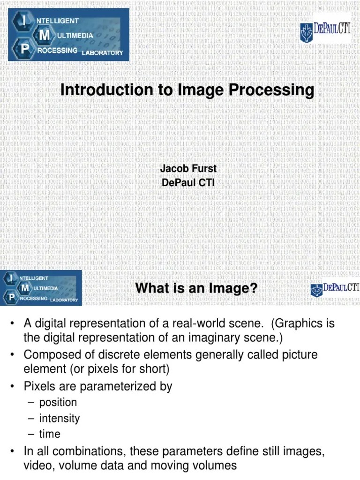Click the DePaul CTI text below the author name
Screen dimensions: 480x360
[188, 182]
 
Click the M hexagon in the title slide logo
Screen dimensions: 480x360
[45, 35]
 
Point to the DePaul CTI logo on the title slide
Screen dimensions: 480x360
[325, 32]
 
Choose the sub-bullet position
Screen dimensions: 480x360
[58, 402]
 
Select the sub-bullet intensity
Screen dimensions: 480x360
[59, 418]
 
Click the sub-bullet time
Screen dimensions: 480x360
[50, 434]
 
